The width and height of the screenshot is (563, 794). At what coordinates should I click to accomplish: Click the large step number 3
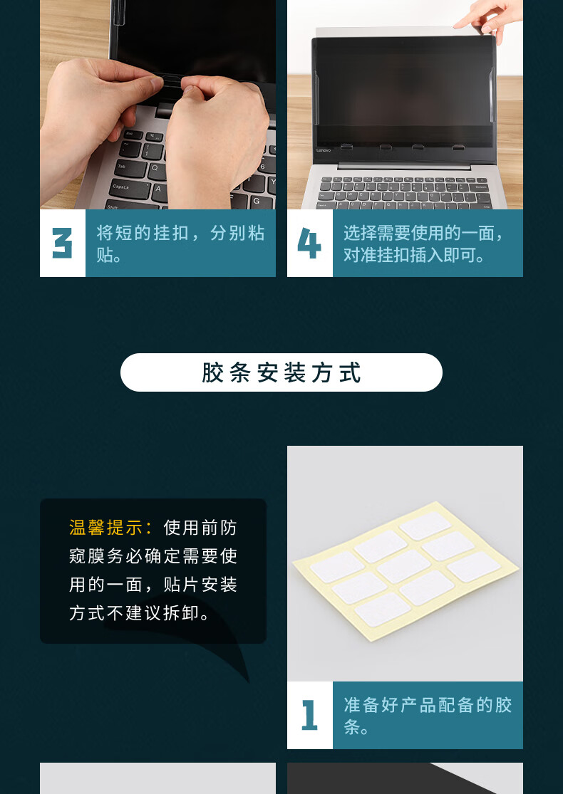point(62,243)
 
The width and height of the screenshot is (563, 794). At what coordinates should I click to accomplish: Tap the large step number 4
point(309,243)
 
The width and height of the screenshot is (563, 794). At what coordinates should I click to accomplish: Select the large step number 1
point(309,715)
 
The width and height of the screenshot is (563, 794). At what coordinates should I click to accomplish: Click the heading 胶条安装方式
point(281,372)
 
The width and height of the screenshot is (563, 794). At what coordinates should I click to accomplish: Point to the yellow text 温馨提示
point(106,528)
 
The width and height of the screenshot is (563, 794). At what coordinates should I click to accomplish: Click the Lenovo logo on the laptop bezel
point(324,150)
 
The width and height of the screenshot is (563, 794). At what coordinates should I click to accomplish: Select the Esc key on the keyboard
point(130,134)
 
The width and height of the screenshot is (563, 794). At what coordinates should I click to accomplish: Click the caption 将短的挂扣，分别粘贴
point(180,244)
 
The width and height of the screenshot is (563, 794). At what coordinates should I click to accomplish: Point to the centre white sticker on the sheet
point(404,566)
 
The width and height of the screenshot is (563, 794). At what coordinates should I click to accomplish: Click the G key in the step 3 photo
point(256,201)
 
